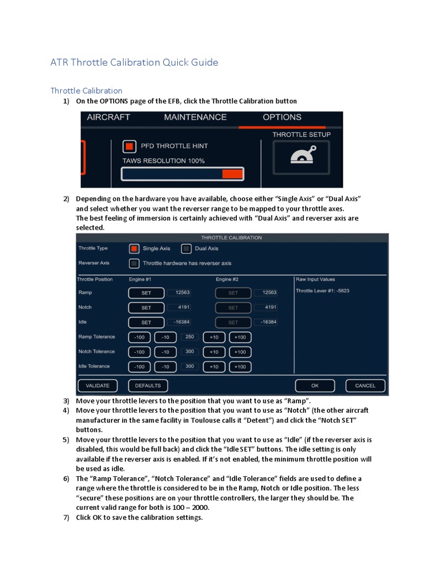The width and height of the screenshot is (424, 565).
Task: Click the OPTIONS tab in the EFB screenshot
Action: point(282,118)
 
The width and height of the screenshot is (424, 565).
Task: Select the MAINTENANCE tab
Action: point(195,118)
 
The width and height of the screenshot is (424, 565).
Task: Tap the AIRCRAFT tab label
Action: point(108,118)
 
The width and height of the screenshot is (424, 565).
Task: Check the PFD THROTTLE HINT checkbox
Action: point(129,146)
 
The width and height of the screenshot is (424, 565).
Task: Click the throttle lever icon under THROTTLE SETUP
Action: point(302,157)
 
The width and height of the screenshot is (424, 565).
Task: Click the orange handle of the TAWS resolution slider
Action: point(232,174)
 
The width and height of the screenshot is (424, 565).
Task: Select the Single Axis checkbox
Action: point(134,249)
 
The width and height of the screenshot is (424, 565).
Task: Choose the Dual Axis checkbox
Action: point(186,249)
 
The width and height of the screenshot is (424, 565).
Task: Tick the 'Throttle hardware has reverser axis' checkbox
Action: point(134,263)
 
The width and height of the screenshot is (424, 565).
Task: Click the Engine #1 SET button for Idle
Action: point(146,322)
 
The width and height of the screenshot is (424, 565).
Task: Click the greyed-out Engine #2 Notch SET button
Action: point(233,308)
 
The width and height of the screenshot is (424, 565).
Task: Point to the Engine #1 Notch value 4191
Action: point(178,307)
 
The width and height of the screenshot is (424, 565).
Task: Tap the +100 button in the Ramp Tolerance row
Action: point(240,337)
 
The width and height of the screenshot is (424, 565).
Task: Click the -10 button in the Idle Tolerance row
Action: point(164,367)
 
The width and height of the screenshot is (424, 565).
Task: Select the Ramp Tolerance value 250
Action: point(189,337)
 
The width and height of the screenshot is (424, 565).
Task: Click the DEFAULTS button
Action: point(148,386)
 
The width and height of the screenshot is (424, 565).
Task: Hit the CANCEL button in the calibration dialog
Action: point(365,386)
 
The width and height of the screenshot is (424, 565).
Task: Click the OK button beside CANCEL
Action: point(315,386)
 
